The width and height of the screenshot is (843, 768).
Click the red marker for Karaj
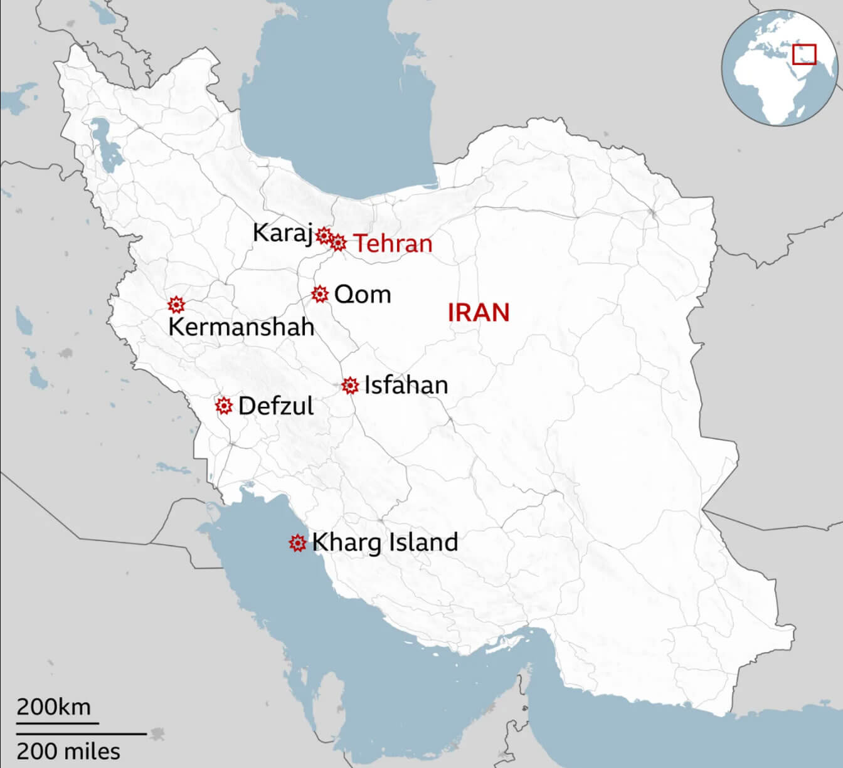324,236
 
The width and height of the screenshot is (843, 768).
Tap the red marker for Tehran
338,243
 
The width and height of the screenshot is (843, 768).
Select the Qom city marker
320,293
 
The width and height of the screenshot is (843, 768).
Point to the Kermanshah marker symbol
177,305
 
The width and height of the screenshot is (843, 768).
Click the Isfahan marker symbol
350,386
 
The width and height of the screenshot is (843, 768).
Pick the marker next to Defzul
223,406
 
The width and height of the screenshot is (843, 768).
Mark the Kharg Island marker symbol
297,543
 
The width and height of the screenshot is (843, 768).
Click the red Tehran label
393,243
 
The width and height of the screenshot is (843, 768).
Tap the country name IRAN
478,312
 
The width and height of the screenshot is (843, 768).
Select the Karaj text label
282,233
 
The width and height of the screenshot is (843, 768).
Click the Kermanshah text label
241,327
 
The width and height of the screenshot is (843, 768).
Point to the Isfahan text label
406,385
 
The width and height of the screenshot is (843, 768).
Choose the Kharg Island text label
384,542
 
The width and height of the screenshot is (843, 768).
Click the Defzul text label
275,406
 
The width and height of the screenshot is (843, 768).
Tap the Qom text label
363,294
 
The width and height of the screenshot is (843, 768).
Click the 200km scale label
53,707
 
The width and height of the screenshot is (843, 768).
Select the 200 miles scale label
68,750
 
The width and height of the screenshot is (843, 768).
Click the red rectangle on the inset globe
804,54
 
